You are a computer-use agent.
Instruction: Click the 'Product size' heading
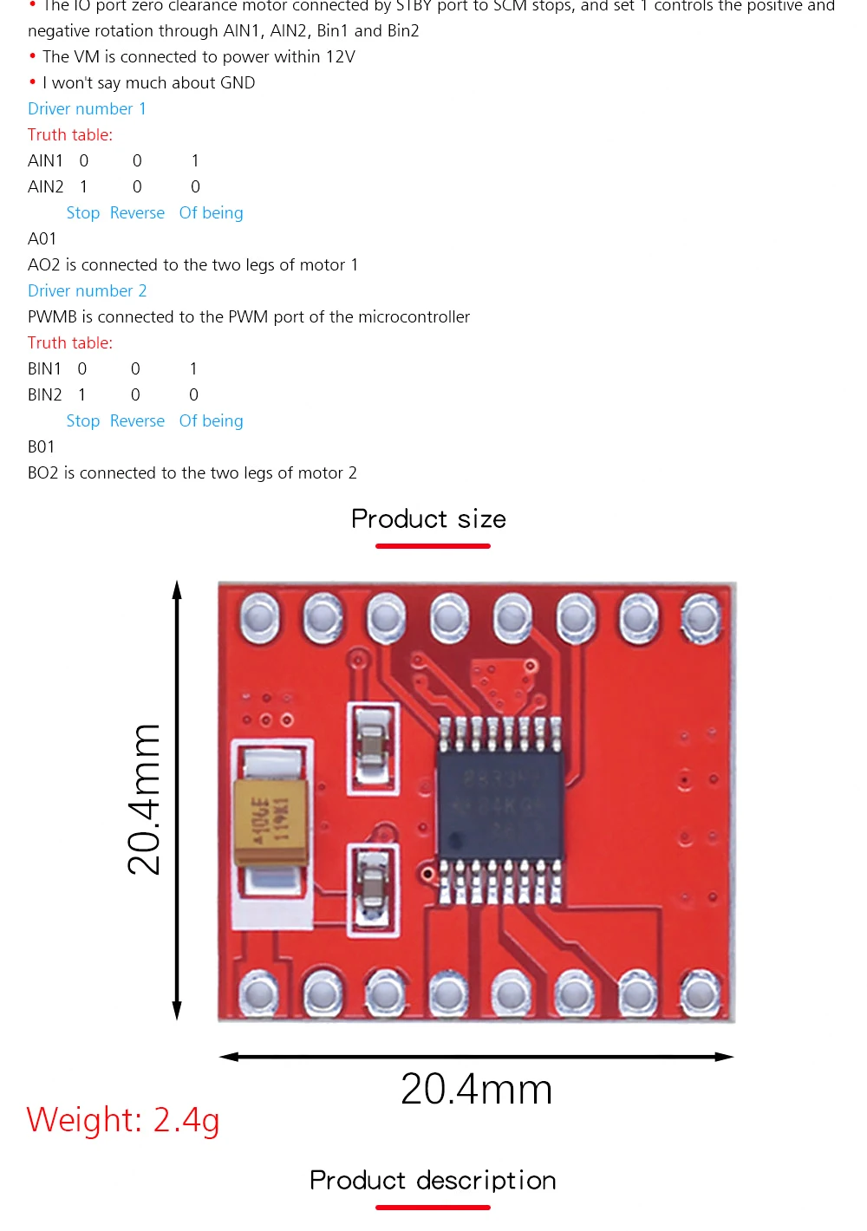tap(428, 519)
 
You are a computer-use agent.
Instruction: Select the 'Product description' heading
tap(433, 1181)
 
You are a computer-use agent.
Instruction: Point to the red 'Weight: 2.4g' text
tap(123, 1120)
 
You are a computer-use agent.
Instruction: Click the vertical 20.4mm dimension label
tap(144, 799)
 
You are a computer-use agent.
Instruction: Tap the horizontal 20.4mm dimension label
tap(476, 1090)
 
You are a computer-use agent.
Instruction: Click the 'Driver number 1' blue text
tap(87, 109)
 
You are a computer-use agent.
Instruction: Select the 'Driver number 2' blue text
tap(87, 291)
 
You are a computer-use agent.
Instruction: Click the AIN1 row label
tap(45, 161)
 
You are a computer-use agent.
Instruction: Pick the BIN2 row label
tap(44, 395)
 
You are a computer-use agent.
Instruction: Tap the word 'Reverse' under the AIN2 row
tap(137, 213)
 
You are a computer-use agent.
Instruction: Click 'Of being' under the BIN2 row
tap(211, 421)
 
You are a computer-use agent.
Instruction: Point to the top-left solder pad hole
tap(258, 617)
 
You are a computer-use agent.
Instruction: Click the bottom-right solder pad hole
tap(699, 993)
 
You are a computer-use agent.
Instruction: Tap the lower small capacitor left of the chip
tap(373, 889)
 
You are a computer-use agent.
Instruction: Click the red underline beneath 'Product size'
tap(433, 546)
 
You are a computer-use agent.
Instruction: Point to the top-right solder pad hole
tap(701, 617)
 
